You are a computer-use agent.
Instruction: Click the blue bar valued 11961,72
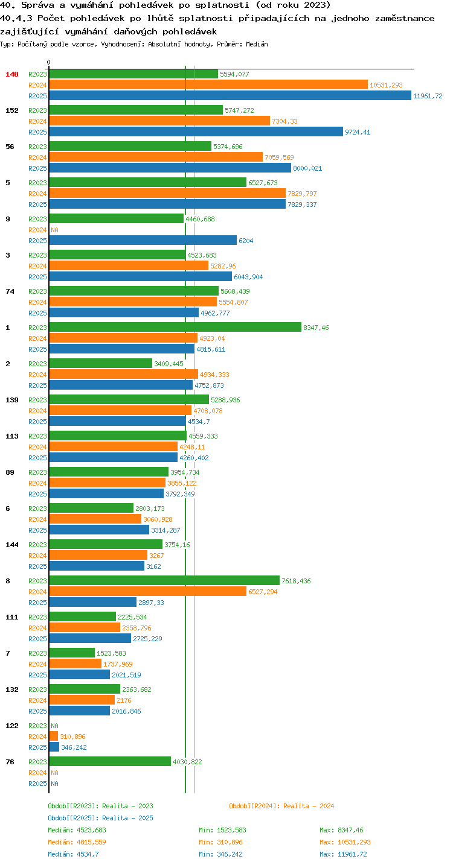pos(230,95)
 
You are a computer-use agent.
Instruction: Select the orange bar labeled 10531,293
pos(209,84)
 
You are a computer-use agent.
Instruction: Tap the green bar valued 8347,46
pos(176,327)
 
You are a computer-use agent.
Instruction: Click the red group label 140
pos(12,74)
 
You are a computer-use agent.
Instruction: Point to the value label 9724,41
pos(358,132)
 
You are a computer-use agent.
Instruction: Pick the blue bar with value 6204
pos(143,240)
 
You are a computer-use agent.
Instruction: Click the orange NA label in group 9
pos(54,230)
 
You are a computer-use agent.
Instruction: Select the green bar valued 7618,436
pos(165,580)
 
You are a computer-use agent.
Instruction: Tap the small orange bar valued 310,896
pos(54,736)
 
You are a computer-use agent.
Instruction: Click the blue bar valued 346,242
pos(54,747)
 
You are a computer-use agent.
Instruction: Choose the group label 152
pos(12,110)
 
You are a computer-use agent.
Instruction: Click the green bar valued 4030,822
pos(110,761)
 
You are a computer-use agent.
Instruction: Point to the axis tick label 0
pos(49,62)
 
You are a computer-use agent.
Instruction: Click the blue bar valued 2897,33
pos(93,602)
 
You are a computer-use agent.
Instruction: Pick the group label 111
pos(12,617)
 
